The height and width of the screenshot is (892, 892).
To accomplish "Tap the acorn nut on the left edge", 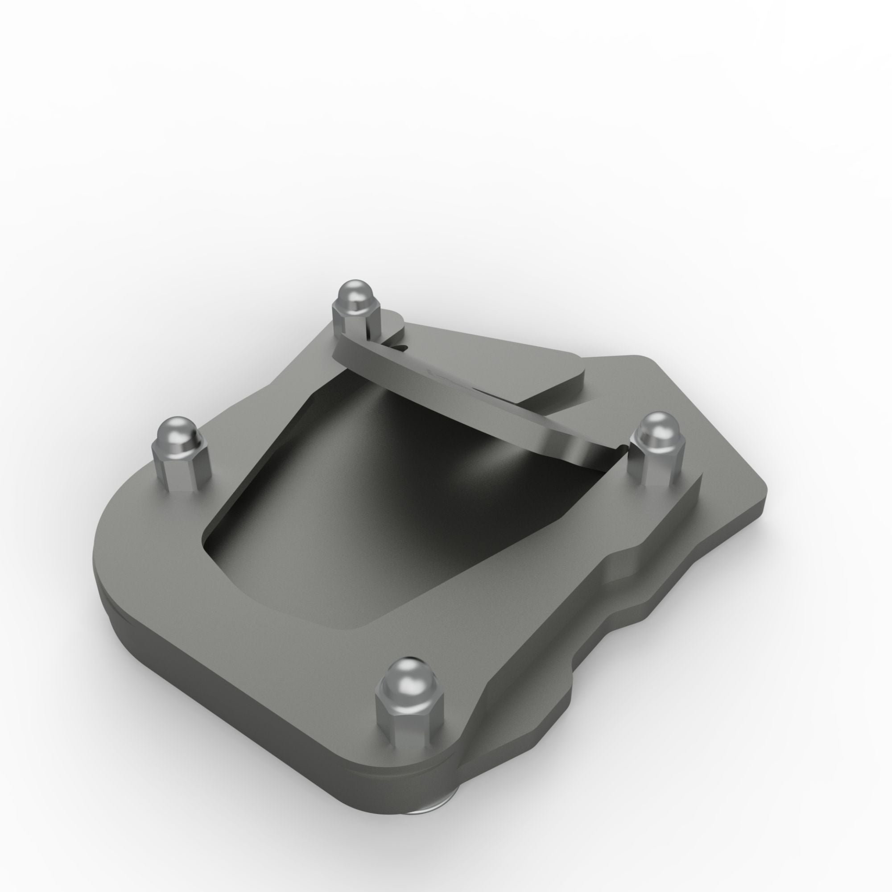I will click(180, 452).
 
